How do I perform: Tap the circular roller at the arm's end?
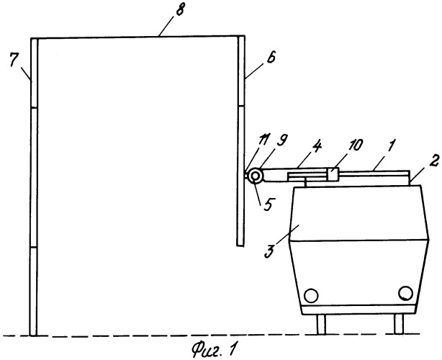[x=254, y=176]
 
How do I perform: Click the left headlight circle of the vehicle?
[x=312, y=294]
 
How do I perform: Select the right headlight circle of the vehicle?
[x=406, y=293]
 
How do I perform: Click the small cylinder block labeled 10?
[x=335, y=174]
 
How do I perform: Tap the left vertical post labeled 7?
[x=32, y=187]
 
